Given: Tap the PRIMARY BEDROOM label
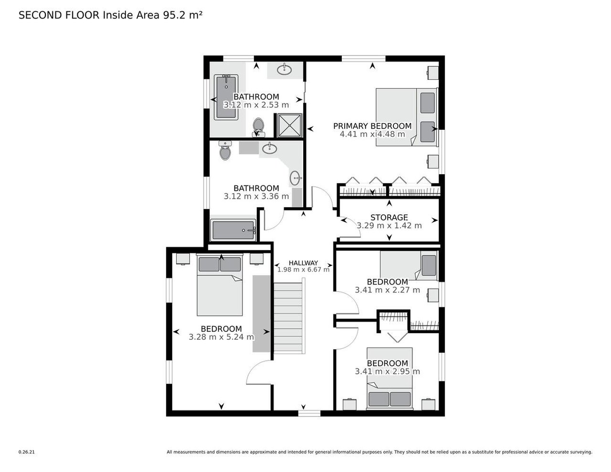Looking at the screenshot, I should pos(372,126).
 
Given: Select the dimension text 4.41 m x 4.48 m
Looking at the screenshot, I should pos(372,134).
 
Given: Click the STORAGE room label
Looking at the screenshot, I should pos(389,218).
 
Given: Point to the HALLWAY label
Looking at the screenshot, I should pos(303,263).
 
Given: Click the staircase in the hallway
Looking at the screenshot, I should pos(288,317).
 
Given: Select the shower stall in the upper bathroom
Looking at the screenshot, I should pos(288,125).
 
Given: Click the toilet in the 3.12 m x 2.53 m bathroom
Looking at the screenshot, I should pos(258,126).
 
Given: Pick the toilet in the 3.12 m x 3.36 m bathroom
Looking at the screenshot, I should pos(225,151).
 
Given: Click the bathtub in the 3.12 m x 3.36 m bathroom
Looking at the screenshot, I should pos(234,231).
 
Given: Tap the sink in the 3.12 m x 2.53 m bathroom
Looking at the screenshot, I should pos(284,69).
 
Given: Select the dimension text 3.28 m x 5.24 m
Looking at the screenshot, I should pos(221,337).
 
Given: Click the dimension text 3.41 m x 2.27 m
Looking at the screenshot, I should pos(387,290).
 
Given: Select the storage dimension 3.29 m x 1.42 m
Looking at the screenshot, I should pos(389,226).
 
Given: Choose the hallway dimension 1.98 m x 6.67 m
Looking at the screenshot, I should pos(303,270).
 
